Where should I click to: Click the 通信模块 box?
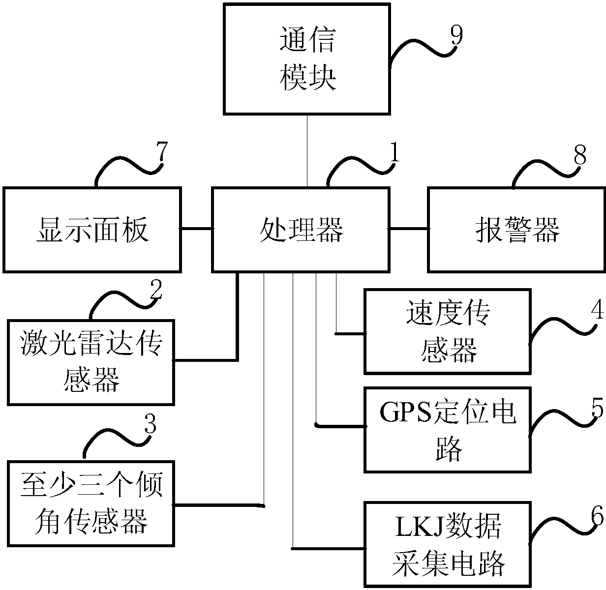point(307,59)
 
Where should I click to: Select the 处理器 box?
point(300,229)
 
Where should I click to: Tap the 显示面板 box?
point(92,229)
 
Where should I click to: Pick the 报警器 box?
point(516,229)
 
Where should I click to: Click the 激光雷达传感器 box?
point(91,362)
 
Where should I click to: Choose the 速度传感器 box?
point(447,331)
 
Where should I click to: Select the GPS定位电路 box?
point(447,430)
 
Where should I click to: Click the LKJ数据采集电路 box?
point(447,544)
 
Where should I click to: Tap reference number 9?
point(456,36)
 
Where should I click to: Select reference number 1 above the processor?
point(394,155)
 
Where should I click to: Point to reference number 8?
point(580,155)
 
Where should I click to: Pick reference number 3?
point(150,424)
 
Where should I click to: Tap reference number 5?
point(597,408)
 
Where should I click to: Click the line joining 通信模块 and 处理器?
point(307,150)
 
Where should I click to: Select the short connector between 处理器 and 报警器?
point(408,229)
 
